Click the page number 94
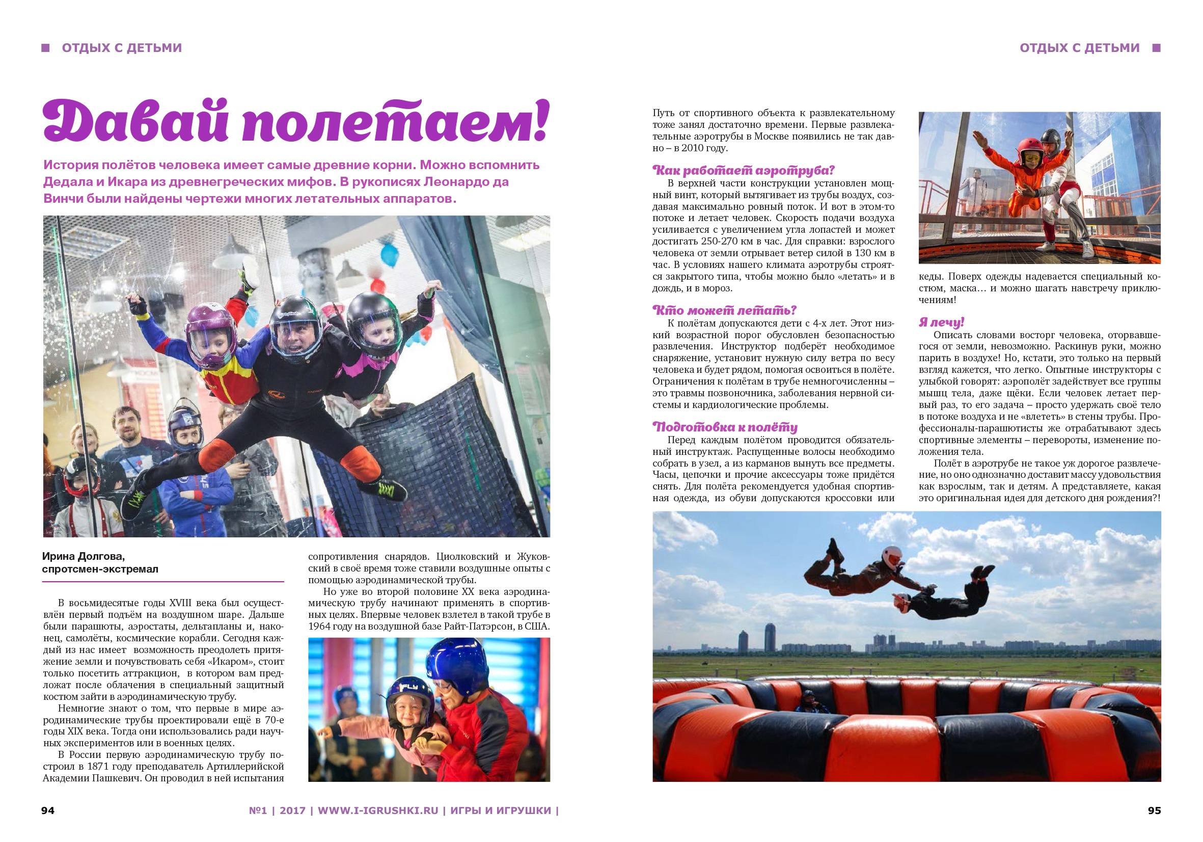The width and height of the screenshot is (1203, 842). click(48, 810)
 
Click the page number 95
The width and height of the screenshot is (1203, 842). click(1154, 810)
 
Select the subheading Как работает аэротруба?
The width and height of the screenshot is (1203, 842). click(743, 170)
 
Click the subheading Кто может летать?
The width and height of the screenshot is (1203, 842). click(724, 310)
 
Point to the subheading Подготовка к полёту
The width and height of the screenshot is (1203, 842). click(725, 427)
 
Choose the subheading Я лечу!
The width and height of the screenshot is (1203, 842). click(941, 322)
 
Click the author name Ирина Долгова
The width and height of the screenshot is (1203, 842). click(84, 556)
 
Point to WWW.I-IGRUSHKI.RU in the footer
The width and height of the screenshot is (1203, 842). click(378, 810)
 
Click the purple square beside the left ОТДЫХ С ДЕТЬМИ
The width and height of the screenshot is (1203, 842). click(46, 48)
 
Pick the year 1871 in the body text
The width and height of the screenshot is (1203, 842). click(98, 766)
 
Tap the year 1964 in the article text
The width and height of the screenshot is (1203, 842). click(320, 626)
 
